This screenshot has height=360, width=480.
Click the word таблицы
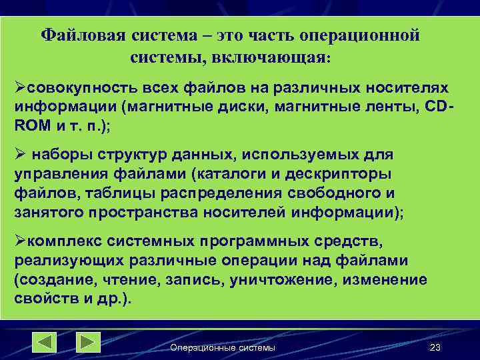(x=97, y=193)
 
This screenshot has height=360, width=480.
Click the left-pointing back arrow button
(x=45, y=342)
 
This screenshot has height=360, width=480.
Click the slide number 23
(x=436, y=348)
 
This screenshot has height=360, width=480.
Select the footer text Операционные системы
(x=223, y=348)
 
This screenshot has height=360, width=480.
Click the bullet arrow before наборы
(x=20, y=155)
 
